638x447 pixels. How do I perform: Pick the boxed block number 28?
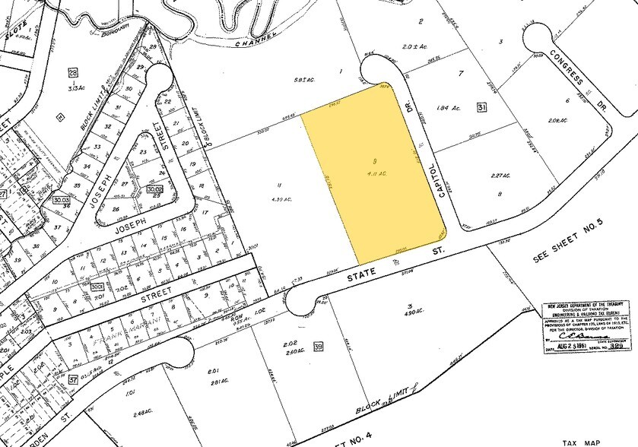(73, 73)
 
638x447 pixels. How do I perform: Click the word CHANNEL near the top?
(256, 34)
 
